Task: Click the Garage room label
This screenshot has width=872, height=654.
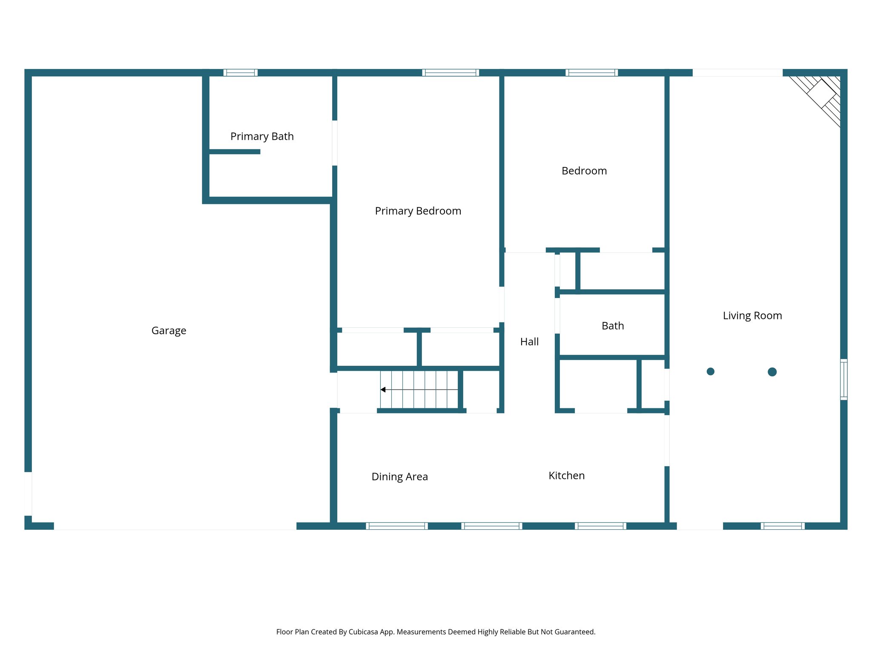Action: (x=169, y=331)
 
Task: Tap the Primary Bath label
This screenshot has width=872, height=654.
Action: (x=262, y=137)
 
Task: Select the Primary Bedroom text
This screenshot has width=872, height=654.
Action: (x=418, y=211)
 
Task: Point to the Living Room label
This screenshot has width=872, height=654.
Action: (x=752, y=316)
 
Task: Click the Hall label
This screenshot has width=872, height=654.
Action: (x=529, y=342)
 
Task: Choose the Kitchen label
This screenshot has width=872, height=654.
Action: (x=566, y=476)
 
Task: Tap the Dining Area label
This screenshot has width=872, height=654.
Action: (x=399, y=477)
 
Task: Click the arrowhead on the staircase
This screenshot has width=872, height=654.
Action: (x=383, y=390)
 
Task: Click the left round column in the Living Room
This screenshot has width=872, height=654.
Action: (x=710, y=372)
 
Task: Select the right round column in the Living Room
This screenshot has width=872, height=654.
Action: (x=772, y=372)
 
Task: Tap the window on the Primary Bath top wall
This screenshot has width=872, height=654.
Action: (x=241, y=73)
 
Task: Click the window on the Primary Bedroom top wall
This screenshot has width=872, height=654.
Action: (x=450, y=73)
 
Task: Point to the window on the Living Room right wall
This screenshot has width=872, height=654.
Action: (x=843, y=379)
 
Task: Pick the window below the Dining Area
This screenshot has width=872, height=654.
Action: (x=397, y=526)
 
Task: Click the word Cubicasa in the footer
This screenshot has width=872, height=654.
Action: (x=363, y=632)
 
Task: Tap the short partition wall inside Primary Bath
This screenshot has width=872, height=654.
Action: (x=235, y=152)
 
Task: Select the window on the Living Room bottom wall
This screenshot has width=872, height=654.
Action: (x=783, y=526)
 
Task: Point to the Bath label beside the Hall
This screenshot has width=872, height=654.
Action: (x=612, y=326)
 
